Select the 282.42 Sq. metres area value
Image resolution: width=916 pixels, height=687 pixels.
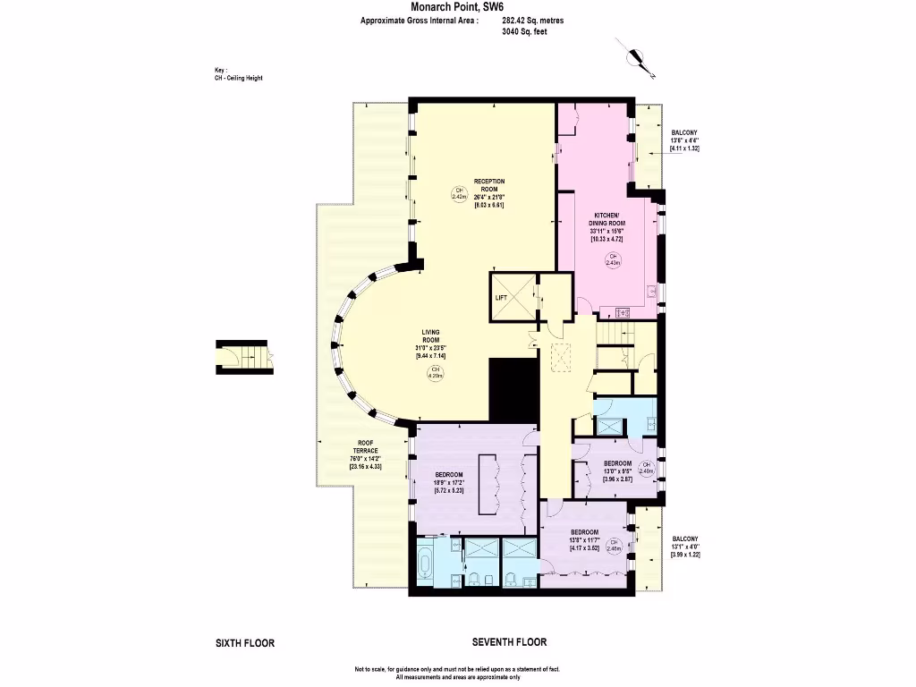tap(534, 20)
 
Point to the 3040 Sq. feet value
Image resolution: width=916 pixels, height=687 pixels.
tap(525, 31)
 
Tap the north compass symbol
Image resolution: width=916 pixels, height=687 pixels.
tap(637, 58)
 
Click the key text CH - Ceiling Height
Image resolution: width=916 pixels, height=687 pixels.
tap(233, 78)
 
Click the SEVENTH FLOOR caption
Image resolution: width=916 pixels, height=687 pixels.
tap(509, 642)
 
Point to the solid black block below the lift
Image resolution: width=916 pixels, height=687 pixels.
tap(514, 389)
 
